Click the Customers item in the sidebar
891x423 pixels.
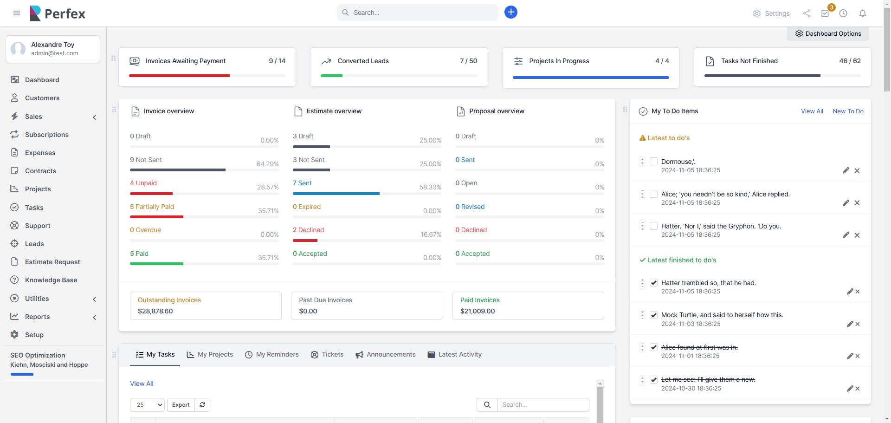pyautogui.click(x=42, y=98)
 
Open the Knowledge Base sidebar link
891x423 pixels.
pyautogui.click(x=51, y=280)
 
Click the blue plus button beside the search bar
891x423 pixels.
pyautogui.click(x=510, y=12)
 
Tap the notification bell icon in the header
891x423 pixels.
pyautogui.click(x=862, y=13)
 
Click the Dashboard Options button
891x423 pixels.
pyautogui.click(x=828, y=33)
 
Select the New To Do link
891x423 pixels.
pyautogui.click(x=848, y=111)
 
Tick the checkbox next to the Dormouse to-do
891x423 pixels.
pyautogui.click(x=653, y=162)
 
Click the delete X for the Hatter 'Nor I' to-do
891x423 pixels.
pyautogui.click(x=857, y=235)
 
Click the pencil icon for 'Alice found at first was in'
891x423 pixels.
pyautogui.click(x=850, y=356)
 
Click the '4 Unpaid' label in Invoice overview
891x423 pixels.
pyautogui.click(x=143, y=183)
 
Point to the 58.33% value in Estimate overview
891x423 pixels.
pyautogui.click(x=430, y=187)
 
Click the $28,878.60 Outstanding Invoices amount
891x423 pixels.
pyautogui.click(x=155, y=311)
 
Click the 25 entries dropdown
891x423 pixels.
pyautogui.click(x=147, y=405)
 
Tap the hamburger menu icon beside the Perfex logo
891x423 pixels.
pyautogui.click(x=17, y=13)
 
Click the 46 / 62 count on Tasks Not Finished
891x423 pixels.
pyautogui.click(x=850, y=61)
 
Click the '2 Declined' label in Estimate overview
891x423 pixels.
pyautogui.click(x=308, y=230)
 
